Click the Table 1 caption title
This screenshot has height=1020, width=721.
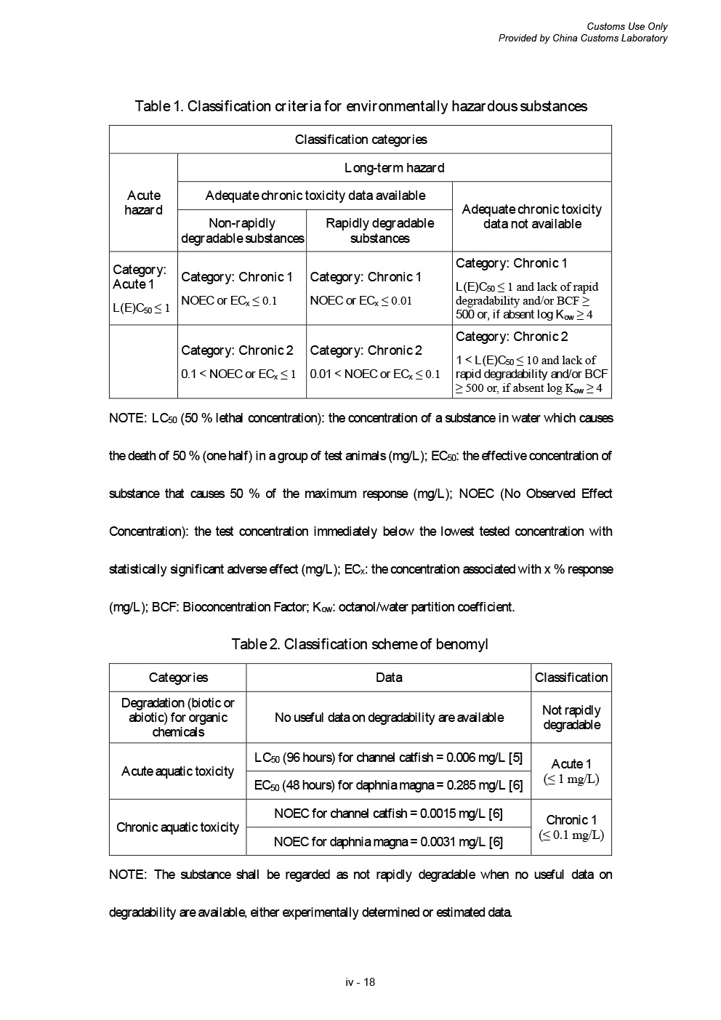click(x=360, y=106)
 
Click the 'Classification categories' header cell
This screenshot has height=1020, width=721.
click(x=360, y=140)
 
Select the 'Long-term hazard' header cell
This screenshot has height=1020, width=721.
click(x=394, y=168)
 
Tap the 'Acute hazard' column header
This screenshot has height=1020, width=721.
click(x=143, y=203)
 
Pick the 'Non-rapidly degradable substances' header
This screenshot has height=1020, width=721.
click(x=242, y=230)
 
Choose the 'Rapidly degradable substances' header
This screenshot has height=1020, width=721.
click(x=379, y=230)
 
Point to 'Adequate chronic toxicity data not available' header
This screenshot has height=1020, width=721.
click(x=531, y=217)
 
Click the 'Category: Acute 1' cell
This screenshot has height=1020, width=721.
click(x=143, y=288)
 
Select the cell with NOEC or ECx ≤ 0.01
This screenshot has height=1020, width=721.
click(x=379, y=288)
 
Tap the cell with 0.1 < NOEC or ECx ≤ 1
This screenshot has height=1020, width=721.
click(x=242, y=361)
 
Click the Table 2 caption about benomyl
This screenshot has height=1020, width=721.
click(x=360, y=644)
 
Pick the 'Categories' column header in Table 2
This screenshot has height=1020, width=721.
click(x=178, y=678)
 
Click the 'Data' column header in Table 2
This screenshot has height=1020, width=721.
click(x=389, y=678)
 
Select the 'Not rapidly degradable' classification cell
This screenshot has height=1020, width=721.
click(x=571, y=718)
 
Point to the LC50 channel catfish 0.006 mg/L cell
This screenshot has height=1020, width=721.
click(x=389, y=758)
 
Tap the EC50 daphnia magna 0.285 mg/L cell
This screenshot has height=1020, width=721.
click(x=389, y=785)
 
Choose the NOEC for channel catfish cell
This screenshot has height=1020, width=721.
click(x=389, y=814)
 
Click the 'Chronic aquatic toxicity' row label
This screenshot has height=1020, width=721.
click(x=178, y=827)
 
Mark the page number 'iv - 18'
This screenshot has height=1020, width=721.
click(x=360, y=982)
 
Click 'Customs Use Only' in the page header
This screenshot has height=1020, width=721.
click(x=627, y=27)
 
